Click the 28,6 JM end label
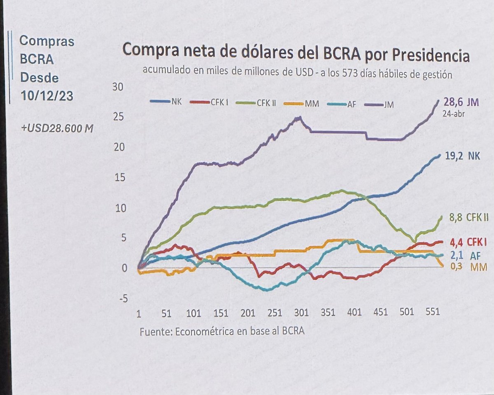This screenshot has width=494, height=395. click(462, 102)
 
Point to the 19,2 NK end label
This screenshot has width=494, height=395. click(463, 156)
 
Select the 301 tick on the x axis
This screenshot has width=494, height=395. click(301, 313)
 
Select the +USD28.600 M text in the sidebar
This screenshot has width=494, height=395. click(56, 129)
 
